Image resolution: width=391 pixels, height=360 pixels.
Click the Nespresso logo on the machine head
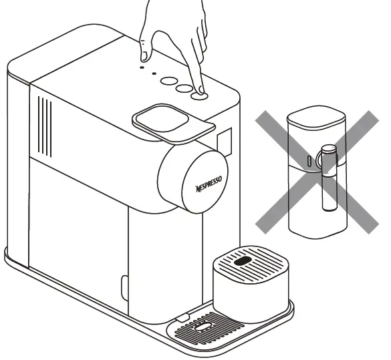(x=209, y=184)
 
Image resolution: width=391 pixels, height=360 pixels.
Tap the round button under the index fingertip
(x=199, y=96)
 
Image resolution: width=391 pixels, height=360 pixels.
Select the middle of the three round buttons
(x=184, y=88)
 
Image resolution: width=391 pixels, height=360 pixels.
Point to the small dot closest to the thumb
(x=142, y=67)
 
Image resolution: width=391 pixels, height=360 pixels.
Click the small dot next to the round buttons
(x=154, y=73)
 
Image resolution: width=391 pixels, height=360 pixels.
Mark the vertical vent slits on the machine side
(x=45, y=127)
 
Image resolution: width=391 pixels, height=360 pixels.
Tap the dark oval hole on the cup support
(x=243, y=261)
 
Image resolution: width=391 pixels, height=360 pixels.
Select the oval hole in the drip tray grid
(x=203, y=327)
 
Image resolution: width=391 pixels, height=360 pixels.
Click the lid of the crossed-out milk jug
(x=316, y=118)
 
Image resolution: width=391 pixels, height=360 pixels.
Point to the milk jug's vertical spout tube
(x=329, y=178)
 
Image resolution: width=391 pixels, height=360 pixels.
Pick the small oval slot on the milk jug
(x=309, y=161)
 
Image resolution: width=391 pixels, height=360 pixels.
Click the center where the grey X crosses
(x=317, y=172)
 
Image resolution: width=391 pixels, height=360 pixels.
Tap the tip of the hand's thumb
(x=144, y=59)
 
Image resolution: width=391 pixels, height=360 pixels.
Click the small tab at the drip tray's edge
(x=182, y=318)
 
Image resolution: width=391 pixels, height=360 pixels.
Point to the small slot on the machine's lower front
(x=124, y=288)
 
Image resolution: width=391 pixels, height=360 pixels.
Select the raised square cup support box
(x=251, y=284)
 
